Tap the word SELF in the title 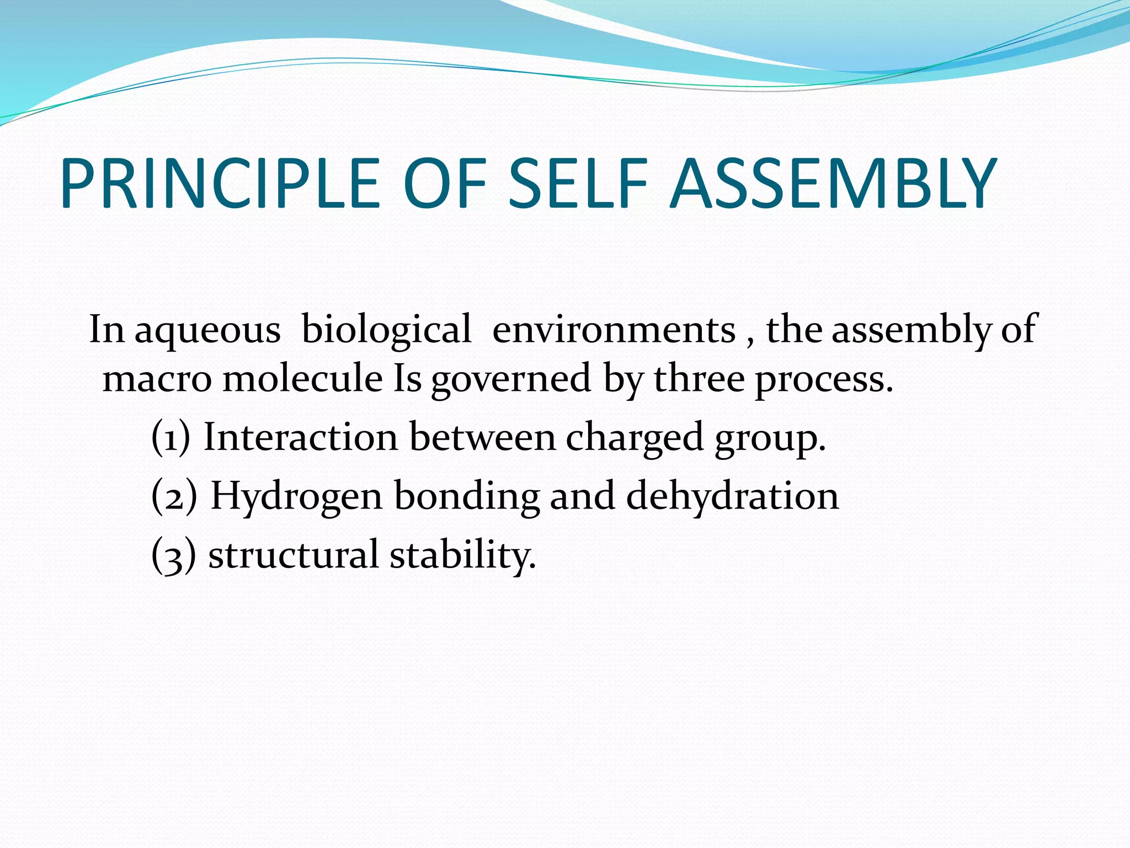point(577,183)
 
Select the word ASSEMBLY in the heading point(833,183)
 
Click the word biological point(386,330)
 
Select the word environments point(614,330)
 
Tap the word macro point(157,380)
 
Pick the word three point(699,380)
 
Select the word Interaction point(301,437)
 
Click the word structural point(293,555)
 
